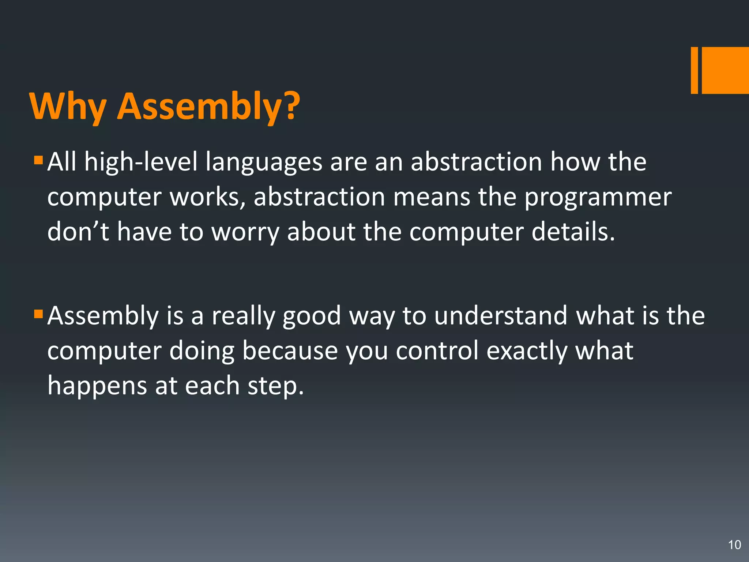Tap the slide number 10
[x=734, y=545]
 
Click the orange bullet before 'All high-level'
[x=38, y=160]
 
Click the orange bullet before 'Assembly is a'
[x=38, y=314]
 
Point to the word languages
[x=263, y=163]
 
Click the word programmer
[x=598, y=198]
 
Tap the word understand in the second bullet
[x=501, y=315]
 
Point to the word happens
[x=97, y=386]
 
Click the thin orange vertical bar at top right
[x=694, y=70]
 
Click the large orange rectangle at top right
[x=725, y=70]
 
